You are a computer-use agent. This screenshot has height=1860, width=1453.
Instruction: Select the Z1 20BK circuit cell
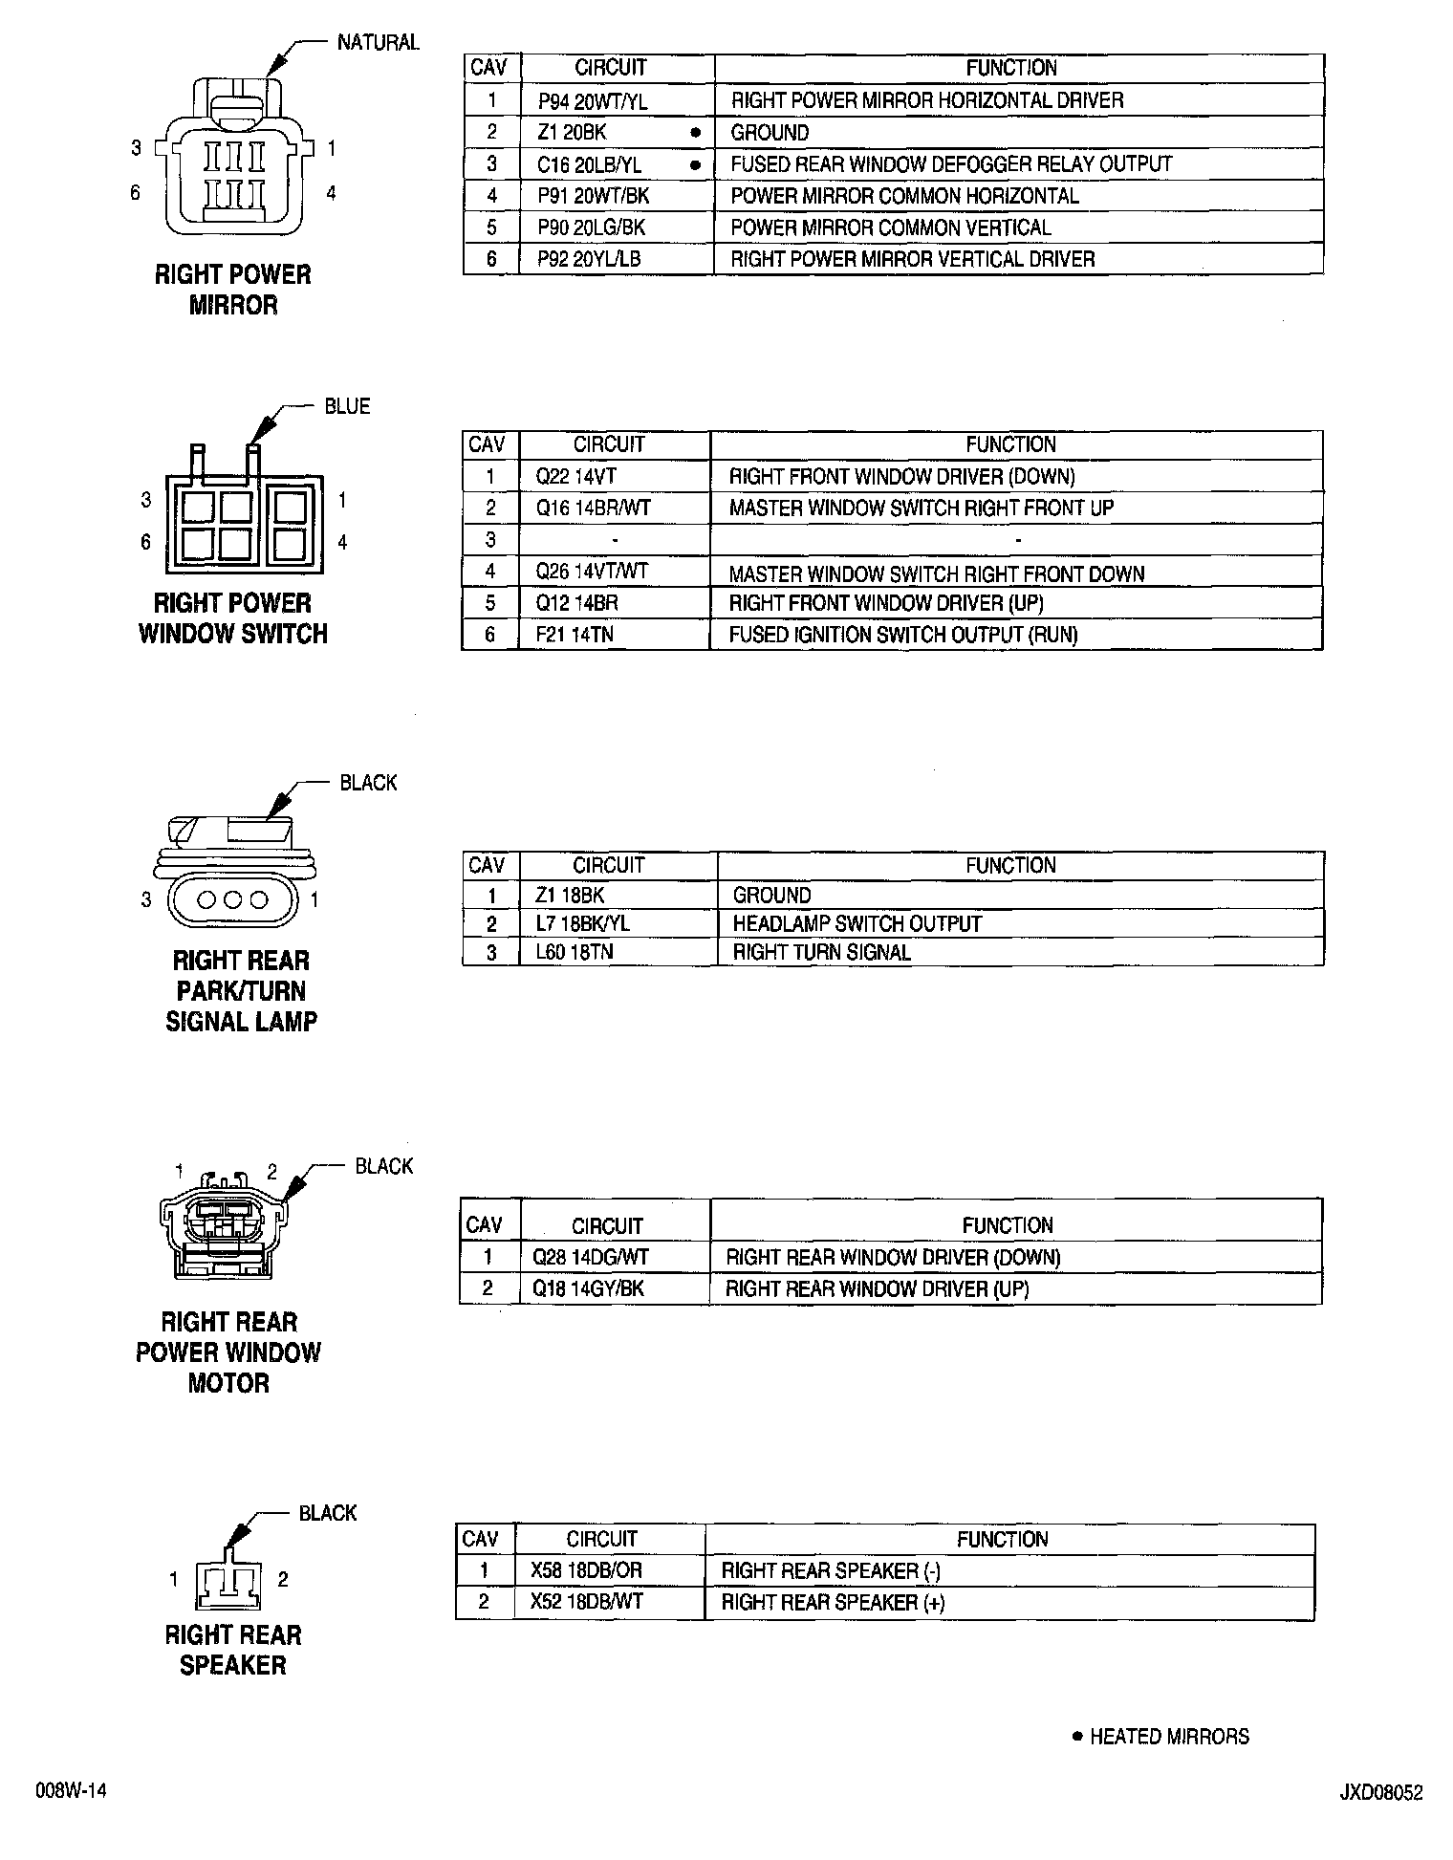pyautogui.click(x=572, y=133)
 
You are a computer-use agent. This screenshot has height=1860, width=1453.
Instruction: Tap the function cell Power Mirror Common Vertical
pyautogui.click(x=890, y=227)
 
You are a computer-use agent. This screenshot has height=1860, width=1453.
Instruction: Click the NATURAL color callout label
pyautogui.click(x=378, y=43)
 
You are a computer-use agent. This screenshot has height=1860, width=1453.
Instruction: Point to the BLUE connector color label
pyautogui.click(x=347, y=407)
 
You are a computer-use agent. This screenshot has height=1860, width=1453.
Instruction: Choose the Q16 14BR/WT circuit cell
pyautogui.click(x=593, y=508)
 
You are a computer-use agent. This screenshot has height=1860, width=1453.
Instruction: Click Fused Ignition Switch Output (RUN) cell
pyautogui.click(x=902, y=635)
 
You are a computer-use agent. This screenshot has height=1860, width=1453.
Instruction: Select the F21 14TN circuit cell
pyautogui.click(x=575, y=635)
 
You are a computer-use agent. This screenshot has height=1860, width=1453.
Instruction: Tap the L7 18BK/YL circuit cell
pyautogui.click(x=582, y=924)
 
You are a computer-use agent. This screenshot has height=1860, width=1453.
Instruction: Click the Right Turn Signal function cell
pyautogui.click(x=821, y=953)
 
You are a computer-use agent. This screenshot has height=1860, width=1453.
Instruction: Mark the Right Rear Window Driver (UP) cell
pyautogui.click(x=877, y=1288)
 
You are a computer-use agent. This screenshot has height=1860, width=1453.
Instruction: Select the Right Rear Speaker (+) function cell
pyautogui.click(x=833, y=1602)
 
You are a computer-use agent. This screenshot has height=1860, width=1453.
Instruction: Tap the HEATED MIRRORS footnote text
pyautogui.click(x=1168, y=1737)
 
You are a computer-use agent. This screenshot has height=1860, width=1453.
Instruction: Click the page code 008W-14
pyautogui.click(x=71, y=1791)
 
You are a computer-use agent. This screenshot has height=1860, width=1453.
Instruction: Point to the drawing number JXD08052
pyautogui.click(x=1379, y=1793)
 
